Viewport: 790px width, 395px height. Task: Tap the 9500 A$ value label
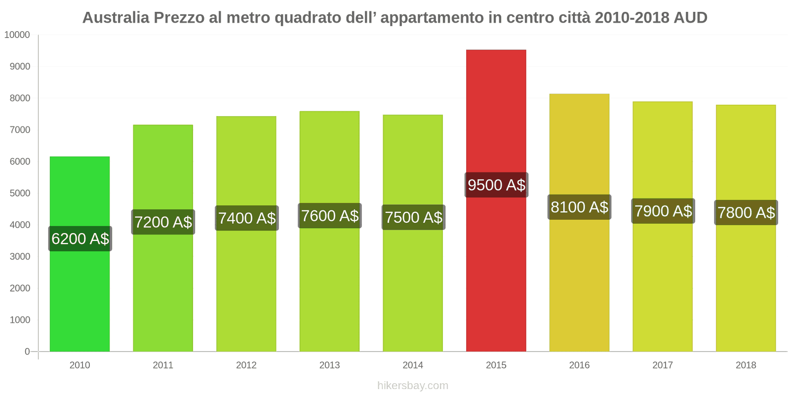496,185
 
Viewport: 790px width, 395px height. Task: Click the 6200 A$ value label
80,239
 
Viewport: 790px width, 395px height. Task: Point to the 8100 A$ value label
579,207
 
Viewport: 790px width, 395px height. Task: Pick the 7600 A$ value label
330,216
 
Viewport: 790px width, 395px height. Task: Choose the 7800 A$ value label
746,213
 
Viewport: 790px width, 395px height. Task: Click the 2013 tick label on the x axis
329,365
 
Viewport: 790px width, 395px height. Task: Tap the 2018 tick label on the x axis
746,365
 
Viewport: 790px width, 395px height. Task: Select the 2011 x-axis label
163,365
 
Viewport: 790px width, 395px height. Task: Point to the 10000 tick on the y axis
17,35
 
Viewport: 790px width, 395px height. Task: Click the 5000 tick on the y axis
20,193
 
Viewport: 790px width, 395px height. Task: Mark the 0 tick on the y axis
27,352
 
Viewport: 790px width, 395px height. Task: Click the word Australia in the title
116,18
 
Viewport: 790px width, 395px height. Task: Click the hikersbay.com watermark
413,386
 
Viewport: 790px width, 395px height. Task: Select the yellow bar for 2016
579,286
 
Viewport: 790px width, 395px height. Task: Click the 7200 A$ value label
163,222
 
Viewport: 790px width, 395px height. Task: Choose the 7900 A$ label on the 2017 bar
663,211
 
